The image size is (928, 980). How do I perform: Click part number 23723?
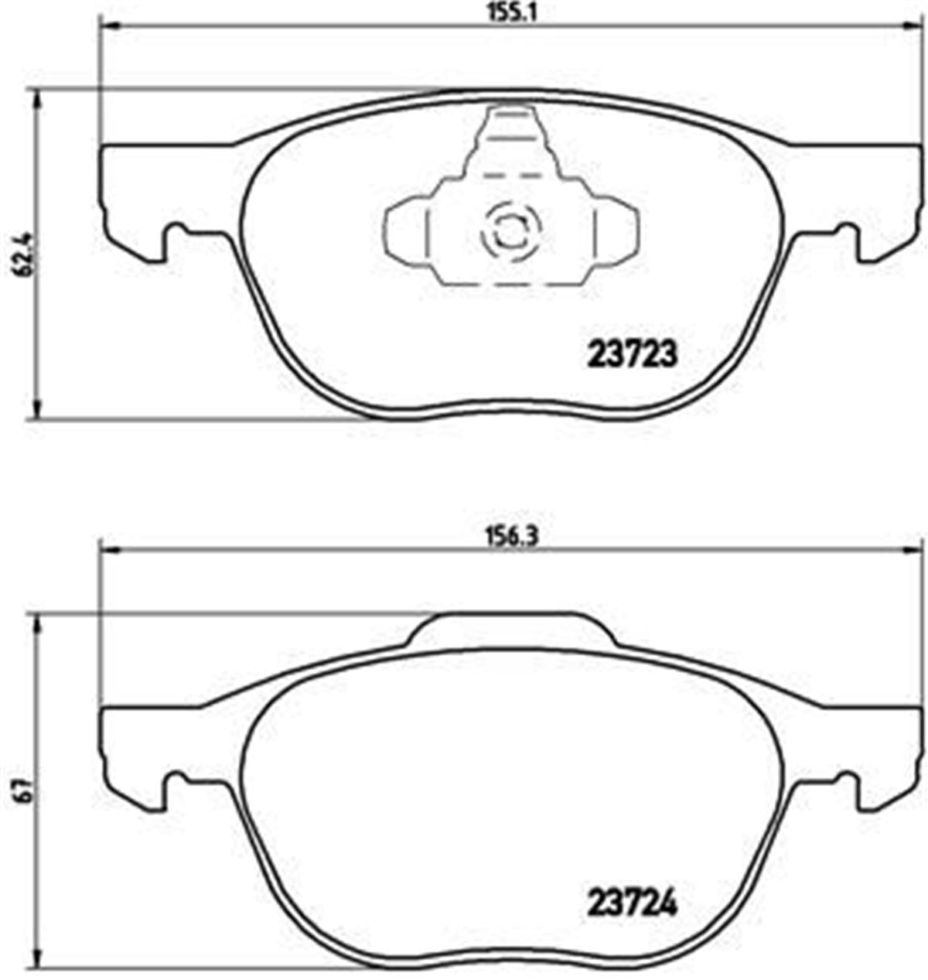coord(633,354)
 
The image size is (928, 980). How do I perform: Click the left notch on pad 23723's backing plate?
coord(176,232)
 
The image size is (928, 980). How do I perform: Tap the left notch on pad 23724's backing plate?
coord(176,778)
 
